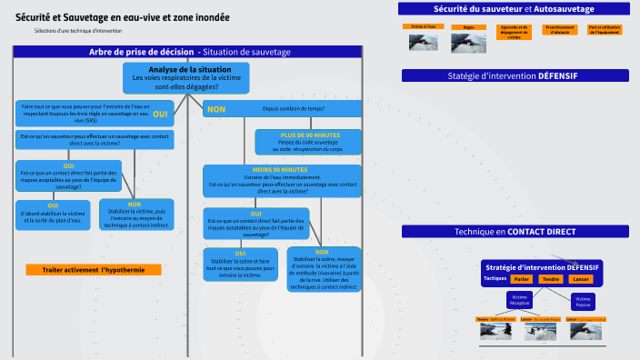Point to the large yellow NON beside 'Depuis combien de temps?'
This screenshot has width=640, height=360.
(216, 109)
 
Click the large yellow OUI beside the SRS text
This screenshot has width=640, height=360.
(160, 114)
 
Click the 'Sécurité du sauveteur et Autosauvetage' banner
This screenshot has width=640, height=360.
(514, 9)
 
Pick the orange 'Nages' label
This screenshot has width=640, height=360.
(469, 27)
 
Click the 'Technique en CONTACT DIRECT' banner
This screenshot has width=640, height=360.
(515, 232)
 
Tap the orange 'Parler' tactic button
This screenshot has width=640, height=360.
(521, 279)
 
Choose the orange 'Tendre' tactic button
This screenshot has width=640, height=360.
(550, 279)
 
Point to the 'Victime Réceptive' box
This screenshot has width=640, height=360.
(520, 299)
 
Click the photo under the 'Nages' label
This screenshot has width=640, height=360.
(469, 44)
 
